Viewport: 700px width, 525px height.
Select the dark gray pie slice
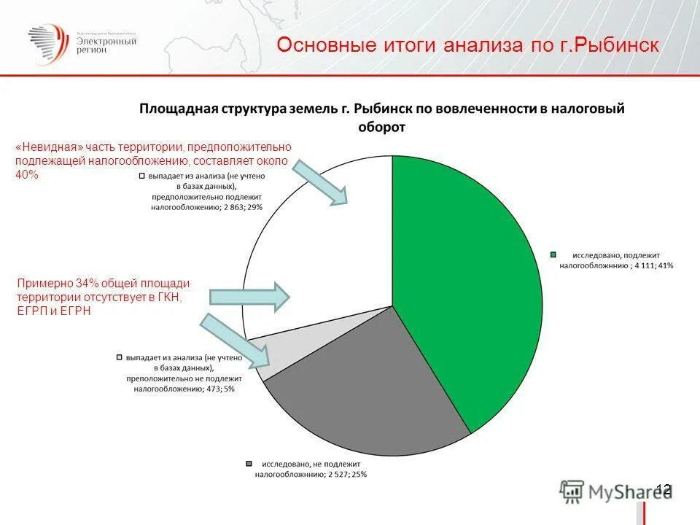coord(365,386)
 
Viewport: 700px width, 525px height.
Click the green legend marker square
coord(553,254)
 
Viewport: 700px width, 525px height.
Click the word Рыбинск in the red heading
coord(619,45)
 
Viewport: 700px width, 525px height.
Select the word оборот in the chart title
coord(383,126)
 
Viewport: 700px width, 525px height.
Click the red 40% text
coord(26,175)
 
